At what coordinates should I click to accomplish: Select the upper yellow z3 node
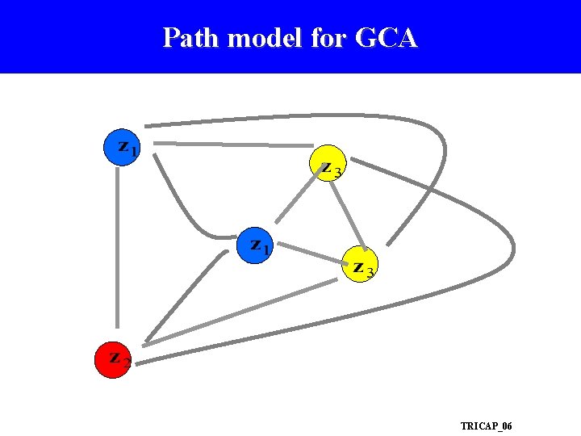(x=328, y=164)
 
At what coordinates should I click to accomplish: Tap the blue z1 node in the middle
(x=255, y=245)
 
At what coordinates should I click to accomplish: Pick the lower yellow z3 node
(x=359, y=265)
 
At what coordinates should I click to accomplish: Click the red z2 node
(x=113, y=360)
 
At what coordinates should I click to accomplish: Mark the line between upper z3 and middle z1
(x=297, y=198)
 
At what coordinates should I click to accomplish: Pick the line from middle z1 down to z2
(x=186, y=296)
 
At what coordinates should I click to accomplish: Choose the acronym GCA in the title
(x=387, y=38)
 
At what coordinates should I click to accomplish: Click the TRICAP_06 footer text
(x=486, y=426)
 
